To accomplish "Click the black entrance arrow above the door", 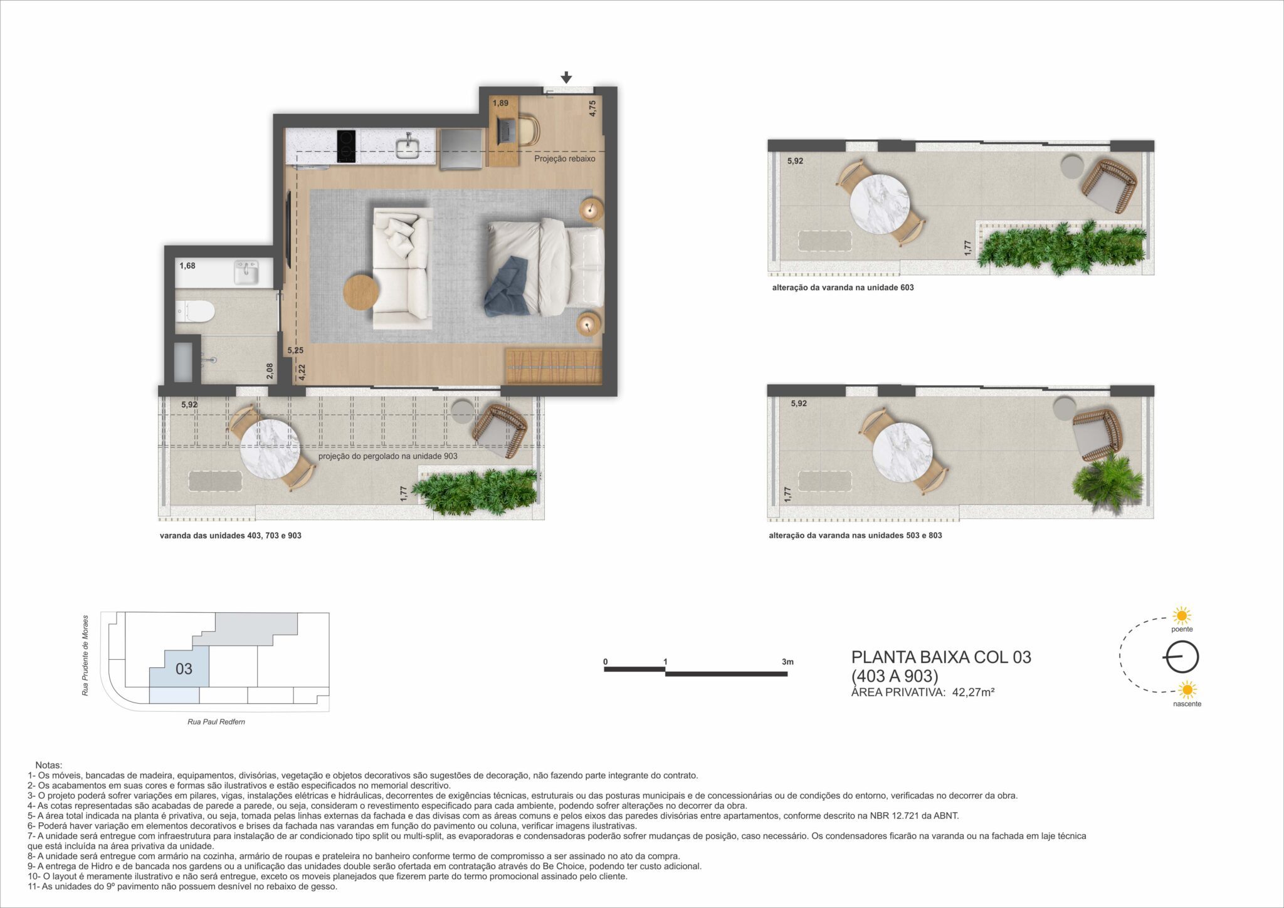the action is pos(566,77).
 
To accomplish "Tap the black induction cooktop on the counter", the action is pos(346,147).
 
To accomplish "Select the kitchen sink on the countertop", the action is pos(409,147).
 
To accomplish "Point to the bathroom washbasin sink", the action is pos(246,273).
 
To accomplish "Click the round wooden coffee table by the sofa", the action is pos(361,292).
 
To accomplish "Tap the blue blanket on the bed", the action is pos(509,285).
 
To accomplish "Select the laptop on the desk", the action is pos(505,130).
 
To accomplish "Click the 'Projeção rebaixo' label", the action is pos(565,159).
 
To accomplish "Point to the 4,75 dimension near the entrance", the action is pos(592,108).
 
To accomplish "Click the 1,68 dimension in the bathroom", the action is pos(187,266).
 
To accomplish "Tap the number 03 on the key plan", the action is pos(184,669).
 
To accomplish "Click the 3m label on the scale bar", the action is pos(788,662).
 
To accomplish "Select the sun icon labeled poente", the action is pos(1182,615).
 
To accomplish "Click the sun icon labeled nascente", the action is pos(1187,690).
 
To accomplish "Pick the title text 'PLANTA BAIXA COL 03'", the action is pos(941,657).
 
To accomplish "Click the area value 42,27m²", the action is pos(974,692).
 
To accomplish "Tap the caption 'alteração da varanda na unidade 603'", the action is pos(843,288).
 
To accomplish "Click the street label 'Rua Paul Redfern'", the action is pos(216,722).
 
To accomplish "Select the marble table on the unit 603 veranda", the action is pos(880,204).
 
